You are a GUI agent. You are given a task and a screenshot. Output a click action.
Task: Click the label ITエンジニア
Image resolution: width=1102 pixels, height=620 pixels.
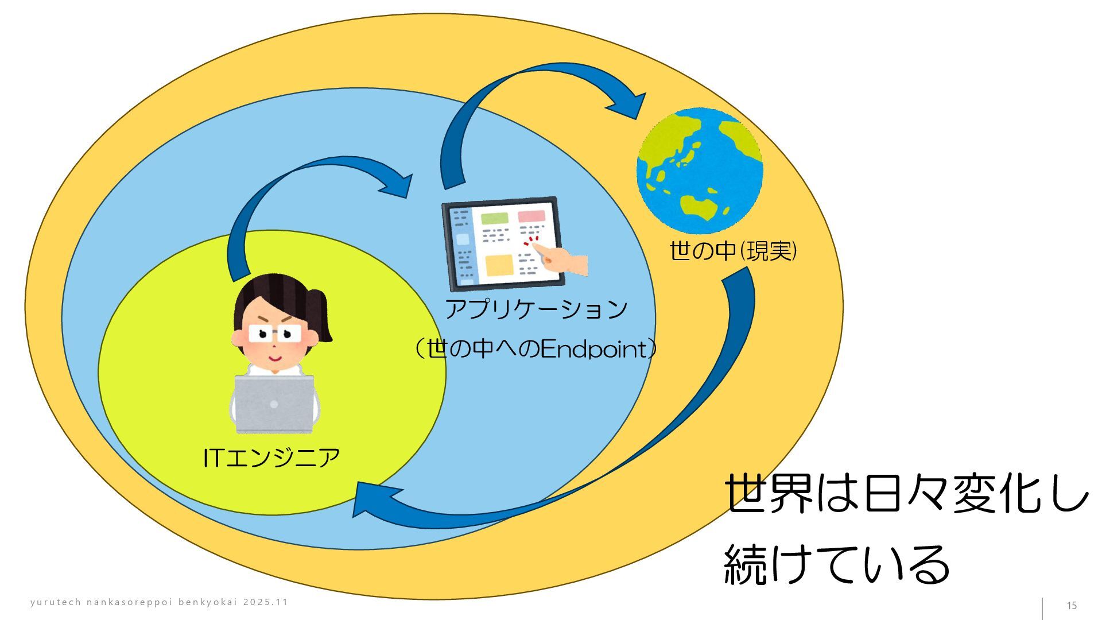(x=271, y=458)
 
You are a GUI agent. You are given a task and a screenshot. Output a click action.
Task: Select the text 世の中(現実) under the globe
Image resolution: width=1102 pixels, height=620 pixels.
(x=733, y=251)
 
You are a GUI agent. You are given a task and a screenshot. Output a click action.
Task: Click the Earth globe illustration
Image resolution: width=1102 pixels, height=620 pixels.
(x=700, y=171)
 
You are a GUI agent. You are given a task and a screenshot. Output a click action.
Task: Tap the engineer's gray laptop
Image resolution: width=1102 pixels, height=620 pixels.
(x=274, y=404)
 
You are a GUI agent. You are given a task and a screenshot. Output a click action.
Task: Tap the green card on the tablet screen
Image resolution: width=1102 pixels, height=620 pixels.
(x=494, y=218)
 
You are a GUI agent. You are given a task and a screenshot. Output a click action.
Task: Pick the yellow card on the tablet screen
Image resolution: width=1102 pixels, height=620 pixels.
(x=499, y=265)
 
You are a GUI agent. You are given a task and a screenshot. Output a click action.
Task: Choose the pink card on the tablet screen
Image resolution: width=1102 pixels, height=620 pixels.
(x=531, y=216)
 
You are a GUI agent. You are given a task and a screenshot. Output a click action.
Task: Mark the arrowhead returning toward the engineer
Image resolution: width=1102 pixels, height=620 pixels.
(x=370, y=499)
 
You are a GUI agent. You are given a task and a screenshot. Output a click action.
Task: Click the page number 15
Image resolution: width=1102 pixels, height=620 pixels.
(x=1071, y=606)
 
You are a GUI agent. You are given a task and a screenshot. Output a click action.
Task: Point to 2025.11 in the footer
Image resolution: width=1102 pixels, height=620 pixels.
(x=265, y=602)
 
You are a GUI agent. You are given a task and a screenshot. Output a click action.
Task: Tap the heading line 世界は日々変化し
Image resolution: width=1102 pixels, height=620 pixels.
(x=906, y=493)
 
